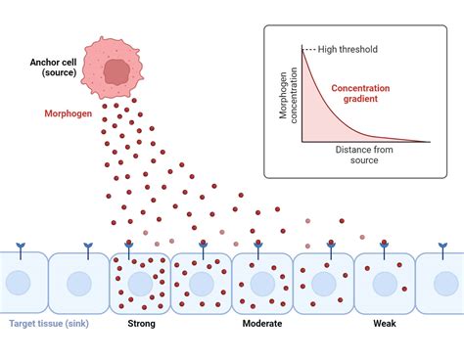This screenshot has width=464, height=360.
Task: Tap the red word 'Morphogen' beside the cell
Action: point(70,112)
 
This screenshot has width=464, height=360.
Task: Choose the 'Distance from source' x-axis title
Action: point(367,155)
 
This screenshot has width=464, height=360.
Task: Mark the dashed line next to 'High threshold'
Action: point(309,50)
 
